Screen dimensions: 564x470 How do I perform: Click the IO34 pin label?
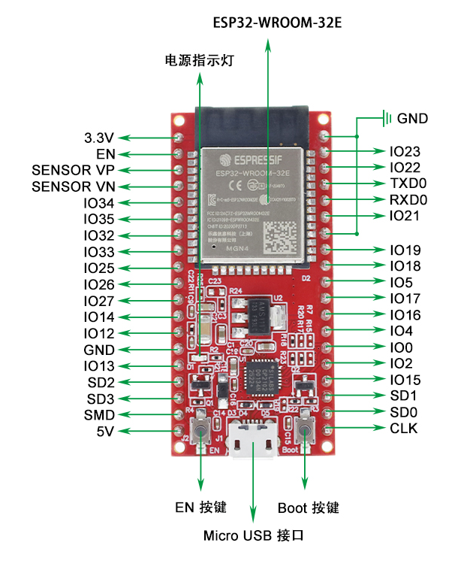[x=99, y=203]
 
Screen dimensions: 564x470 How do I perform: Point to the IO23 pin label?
[x=405, y=151]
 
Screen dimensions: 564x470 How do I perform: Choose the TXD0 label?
[x=408, y=183]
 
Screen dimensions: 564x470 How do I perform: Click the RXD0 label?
[x=408, y=200]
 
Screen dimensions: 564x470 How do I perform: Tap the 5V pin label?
[x=104, y=432]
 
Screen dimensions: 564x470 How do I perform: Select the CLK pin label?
[x=404, y=429]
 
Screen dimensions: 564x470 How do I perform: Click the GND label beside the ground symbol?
[x=412, y=118]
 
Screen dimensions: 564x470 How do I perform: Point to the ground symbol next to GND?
[x=387, y=118]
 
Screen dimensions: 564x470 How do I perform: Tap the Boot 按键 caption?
[x=308, y=508]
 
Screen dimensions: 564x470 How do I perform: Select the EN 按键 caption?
[x=200, y=508]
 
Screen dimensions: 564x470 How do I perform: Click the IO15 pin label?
[x=405, y=380]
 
